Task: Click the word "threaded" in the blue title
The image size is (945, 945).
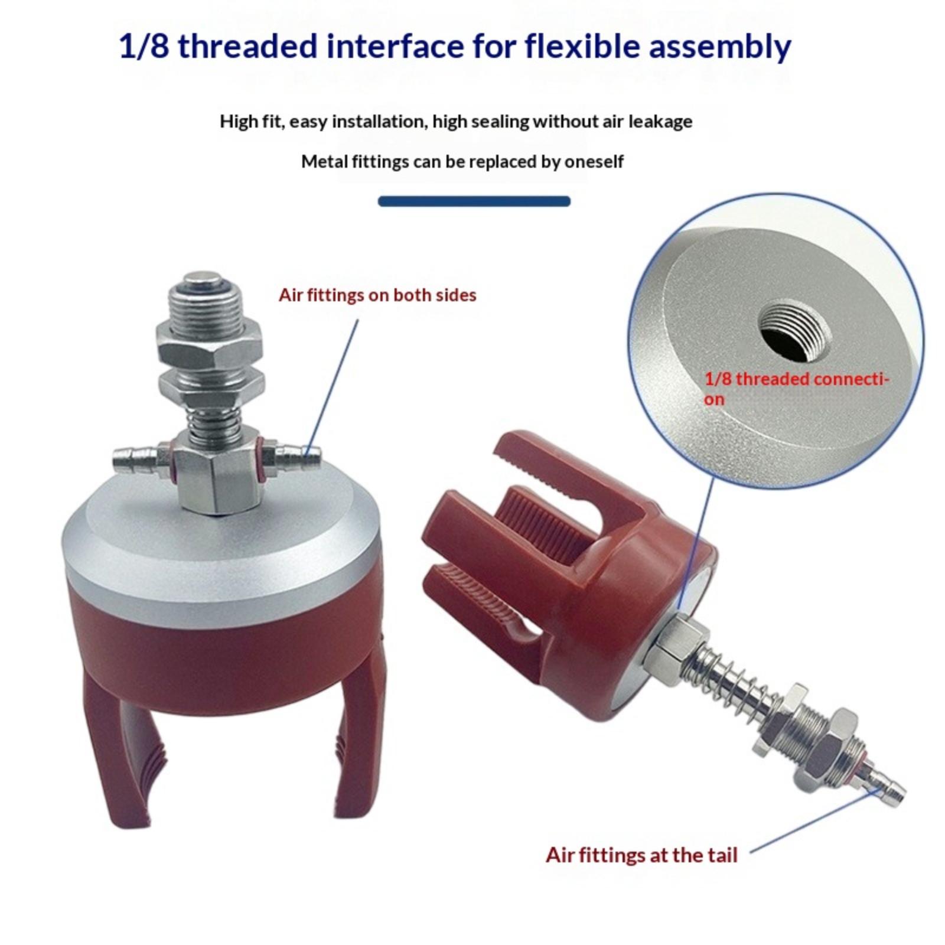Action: coord(247,46)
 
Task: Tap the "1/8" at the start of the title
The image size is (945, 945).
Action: coord(144,46)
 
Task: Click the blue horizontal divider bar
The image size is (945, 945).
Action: coord(474,201)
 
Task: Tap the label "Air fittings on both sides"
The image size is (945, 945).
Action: coord(377,295)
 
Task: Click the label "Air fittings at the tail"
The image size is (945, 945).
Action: coord(641,855)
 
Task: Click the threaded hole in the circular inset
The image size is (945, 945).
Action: coord(791,331)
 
